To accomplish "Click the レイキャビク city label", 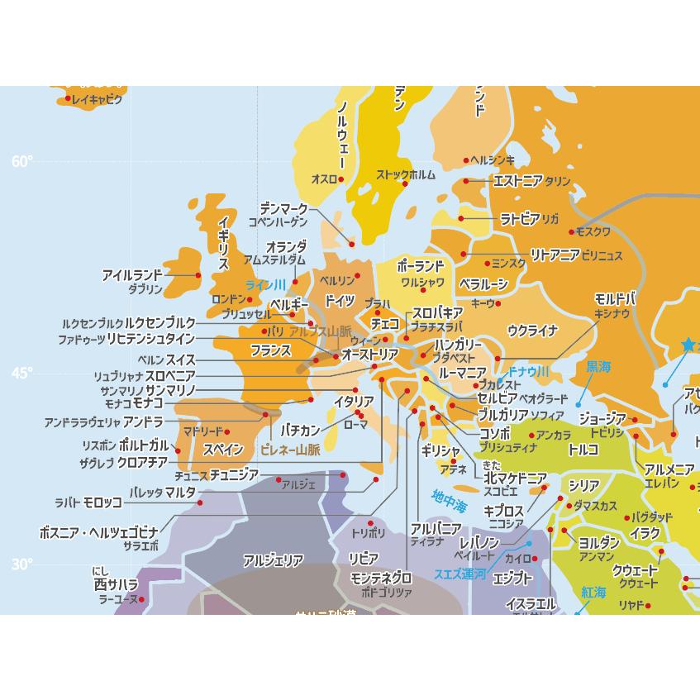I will click(97, 100).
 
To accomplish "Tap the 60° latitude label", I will click(22, 161).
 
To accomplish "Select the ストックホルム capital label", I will click(405, 174).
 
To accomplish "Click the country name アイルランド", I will click(132, 275).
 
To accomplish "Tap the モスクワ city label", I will click(592, 231).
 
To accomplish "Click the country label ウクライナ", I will click(533, 331).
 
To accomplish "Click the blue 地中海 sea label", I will click(449, 500).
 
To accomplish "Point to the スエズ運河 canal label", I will click(460, 574).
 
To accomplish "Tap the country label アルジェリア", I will click(273, 561).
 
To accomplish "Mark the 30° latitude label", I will click(22, 564).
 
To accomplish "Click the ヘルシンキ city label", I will click(493, 160).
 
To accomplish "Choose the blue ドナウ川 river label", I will click(529, 371).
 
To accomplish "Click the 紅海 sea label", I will click(593, 593).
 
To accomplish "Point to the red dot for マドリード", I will click(227, 431).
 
